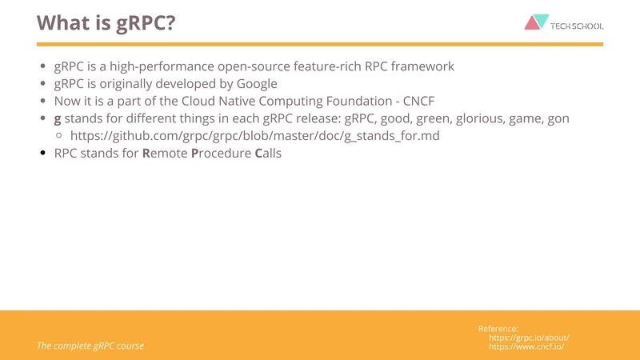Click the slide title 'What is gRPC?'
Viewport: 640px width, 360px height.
(x=106, y=22)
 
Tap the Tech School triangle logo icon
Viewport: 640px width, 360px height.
(x=536, y=22)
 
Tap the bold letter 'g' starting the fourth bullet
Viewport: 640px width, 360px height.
(x=58, y=119)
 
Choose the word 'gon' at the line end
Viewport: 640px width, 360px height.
(x=557, y=119)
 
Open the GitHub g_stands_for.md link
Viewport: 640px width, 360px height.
(x=254, y=136)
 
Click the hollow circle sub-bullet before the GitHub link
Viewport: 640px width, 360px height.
(x=59, y=136)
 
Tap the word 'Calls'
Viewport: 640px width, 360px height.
(x=268, y=154)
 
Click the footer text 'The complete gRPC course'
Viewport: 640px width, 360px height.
(x=90, y=346)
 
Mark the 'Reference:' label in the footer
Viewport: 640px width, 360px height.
(x=498, y=329)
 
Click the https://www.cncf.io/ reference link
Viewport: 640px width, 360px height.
(x=526, y=346)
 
